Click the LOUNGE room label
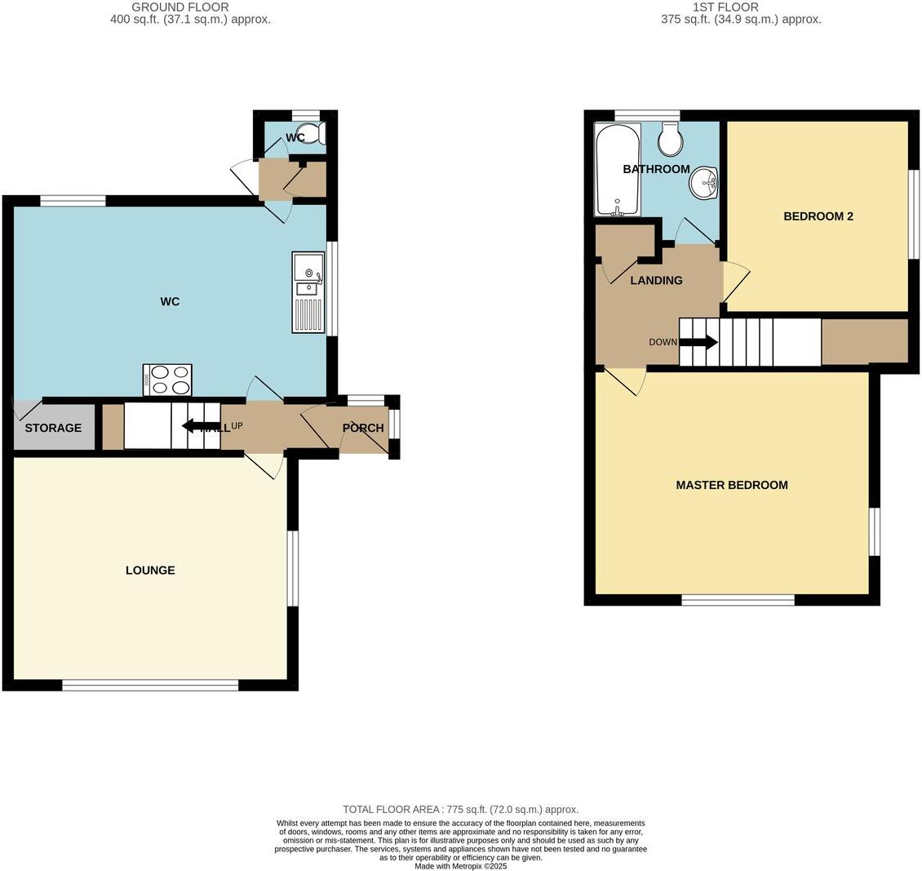click(150, 571)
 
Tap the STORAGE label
click(53, 428)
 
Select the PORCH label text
click(363, 428)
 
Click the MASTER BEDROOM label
click(732, 485)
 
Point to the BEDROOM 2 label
click(818, 216)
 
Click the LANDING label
click(656, 280)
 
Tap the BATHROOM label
click(656, 169)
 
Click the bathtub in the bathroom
click(618, 170)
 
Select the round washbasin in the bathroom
click(703, 181)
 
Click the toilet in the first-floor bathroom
click(671, 140)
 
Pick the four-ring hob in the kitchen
click(167, 380)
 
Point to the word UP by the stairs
click(237, 425)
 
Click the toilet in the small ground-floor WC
click(318, 133)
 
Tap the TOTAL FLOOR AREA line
click(460, 809)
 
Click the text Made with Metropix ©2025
click(460, 866)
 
